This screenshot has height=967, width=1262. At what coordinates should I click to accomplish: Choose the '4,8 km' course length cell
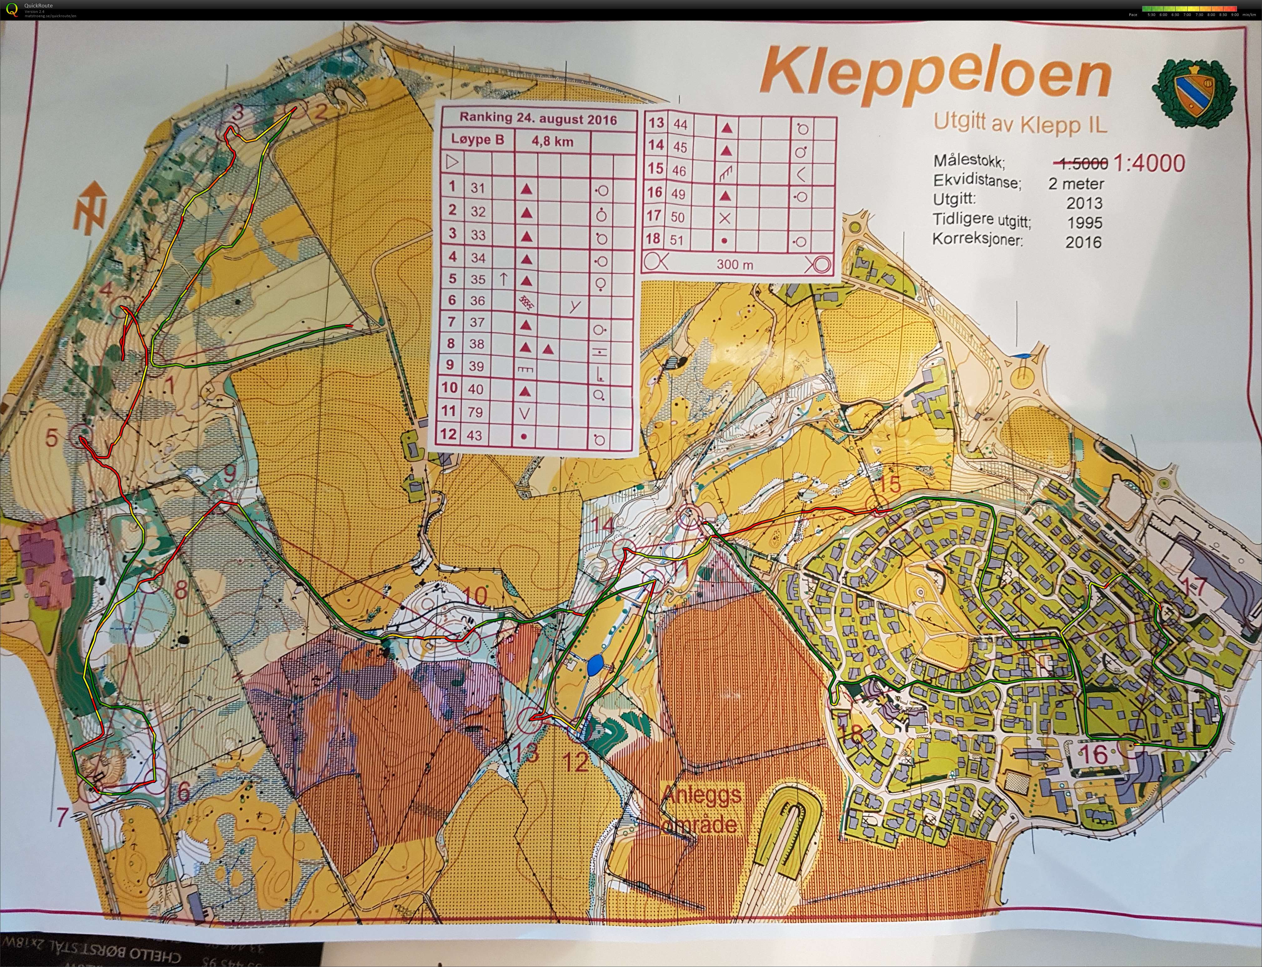(552, 141)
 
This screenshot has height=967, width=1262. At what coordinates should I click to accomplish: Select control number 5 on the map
(52, 439)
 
